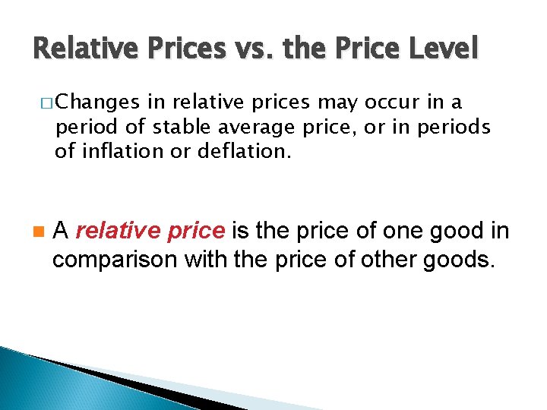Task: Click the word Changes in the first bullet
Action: tap(95, 103)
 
